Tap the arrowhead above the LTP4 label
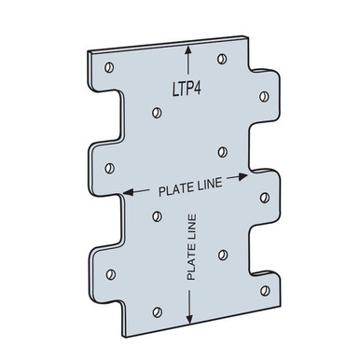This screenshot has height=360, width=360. pos(189,54)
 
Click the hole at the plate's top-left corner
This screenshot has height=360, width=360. pos(110,66)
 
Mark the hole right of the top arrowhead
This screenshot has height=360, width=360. pos(222,59)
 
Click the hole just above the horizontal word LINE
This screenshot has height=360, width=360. pos(220,152)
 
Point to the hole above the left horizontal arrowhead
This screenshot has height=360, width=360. pos(110,168)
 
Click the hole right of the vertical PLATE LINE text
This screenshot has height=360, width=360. pos(221,253)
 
